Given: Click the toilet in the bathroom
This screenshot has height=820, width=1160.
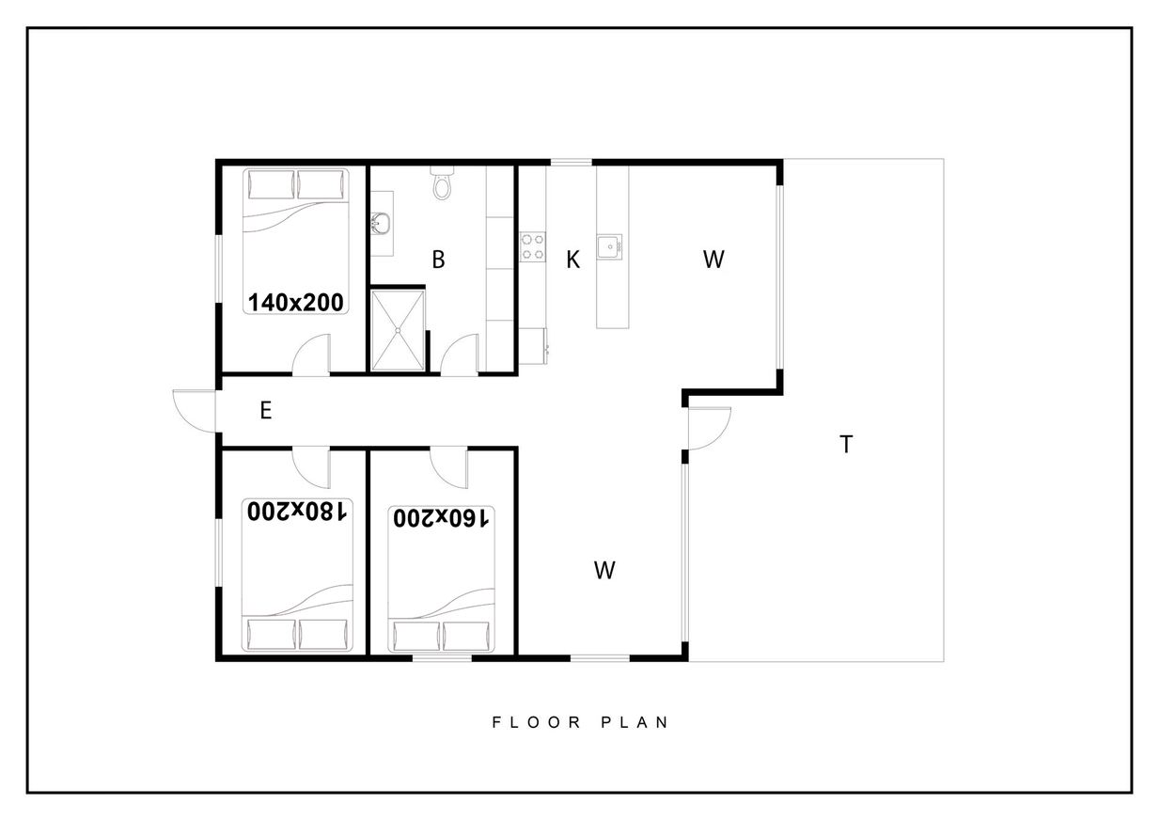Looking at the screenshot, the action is [442, 182].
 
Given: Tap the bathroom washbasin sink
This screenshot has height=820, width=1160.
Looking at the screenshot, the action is [381, 224].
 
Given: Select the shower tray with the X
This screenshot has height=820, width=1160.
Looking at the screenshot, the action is [398, 330].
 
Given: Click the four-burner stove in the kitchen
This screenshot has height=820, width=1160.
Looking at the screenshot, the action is [533, 246].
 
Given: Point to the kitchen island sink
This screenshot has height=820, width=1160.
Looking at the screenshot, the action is [609, 246].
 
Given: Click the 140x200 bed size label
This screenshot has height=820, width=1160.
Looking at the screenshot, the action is [296, 303].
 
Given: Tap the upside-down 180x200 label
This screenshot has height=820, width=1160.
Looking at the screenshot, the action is [297, 512].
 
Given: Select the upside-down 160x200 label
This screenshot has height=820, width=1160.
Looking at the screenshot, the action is [441, 517].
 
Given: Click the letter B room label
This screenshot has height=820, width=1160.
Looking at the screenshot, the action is [438, 260].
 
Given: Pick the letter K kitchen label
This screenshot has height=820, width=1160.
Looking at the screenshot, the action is [572, 260].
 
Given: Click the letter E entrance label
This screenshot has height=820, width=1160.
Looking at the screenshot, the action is [266, 410].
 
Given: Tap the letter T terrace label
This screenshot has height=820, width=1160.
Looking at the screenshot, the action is [846, 444].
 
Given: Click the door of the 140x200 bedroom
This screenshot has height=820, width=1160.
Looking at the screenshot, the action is [311, 355].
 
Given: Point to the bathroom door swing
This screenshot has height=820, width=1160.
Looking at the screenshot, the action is [459, 355].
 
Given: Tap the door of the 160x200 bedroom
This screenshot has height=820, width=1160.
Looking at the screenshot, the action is [448, 466].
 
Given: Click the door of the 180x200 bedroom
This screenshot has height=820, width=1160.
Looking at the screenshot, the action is [311, 466].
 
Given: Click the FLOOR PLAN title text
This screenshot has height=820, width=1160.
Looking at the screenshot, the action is [580, 722].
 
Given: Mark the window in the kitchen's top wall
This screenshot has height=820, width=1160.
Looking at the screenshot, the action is [571, 162].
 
